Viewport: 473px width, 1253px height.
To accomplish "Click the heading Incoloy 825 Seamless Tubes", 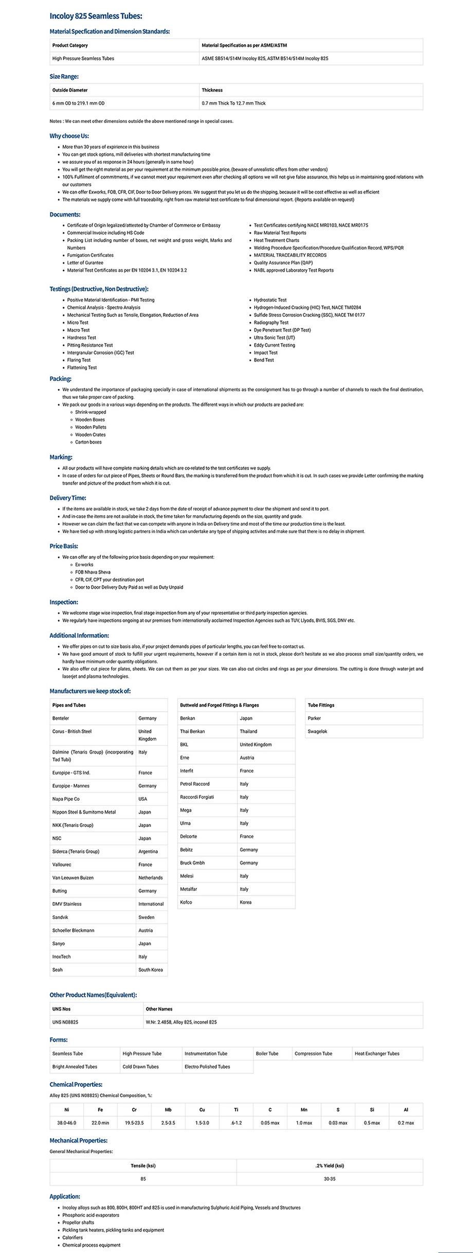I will click(96, 16).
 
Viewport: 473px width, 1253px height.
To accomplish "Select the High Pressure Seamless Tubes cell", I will click(83, 59).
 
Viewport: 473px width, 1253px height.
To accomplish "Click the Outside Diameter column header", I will click(70, 90).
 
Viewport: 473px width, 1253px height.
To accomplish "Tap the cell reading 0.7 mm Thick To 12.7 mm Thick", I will click(234, 103).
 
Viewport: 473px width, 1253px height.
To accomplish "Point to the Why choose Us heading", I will click(69, 136).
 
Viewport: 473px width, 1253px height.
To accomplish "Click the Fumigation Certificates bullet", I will click(90, 255).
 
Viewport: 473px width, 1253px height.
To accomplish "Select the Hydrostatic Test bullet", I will click(270, 300).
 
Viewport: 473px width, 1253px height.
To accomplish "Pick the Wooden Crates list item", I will click(90, 435).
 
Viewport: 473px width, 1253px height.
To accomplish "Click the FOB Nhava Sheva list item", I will click(93, 572).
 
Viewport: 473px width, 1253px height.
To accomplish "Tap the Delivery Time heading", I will click(68, 498).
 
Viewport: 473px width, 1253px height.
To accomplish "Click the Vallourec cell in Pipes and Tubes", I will click(62, 864).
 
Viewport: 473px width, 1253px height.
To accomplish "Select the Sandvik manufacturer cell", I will click(60, 917).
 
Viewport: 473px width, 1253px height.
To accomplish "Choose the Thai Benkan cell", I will click(192, 731).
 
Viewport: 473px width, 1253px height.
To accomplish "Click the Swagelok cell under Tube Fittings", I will click(317, 731).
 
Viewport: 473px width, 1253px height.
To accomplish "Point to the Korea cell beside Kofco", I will click(246, 902).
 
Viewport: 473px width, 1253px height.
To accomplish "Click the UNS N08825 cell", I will click(65, 1022).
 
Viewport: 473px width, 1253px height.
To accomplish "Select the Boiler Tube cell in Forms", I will click(267, 1053).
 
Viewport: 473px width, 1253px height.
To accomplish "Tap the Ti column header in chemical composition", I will click(236, 1109).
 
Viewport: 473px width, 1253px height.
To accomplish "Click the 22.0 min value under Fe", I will click(100, 1123).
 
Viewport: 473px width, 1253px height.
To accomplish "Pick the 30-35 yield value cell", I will click(330, 1178).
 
